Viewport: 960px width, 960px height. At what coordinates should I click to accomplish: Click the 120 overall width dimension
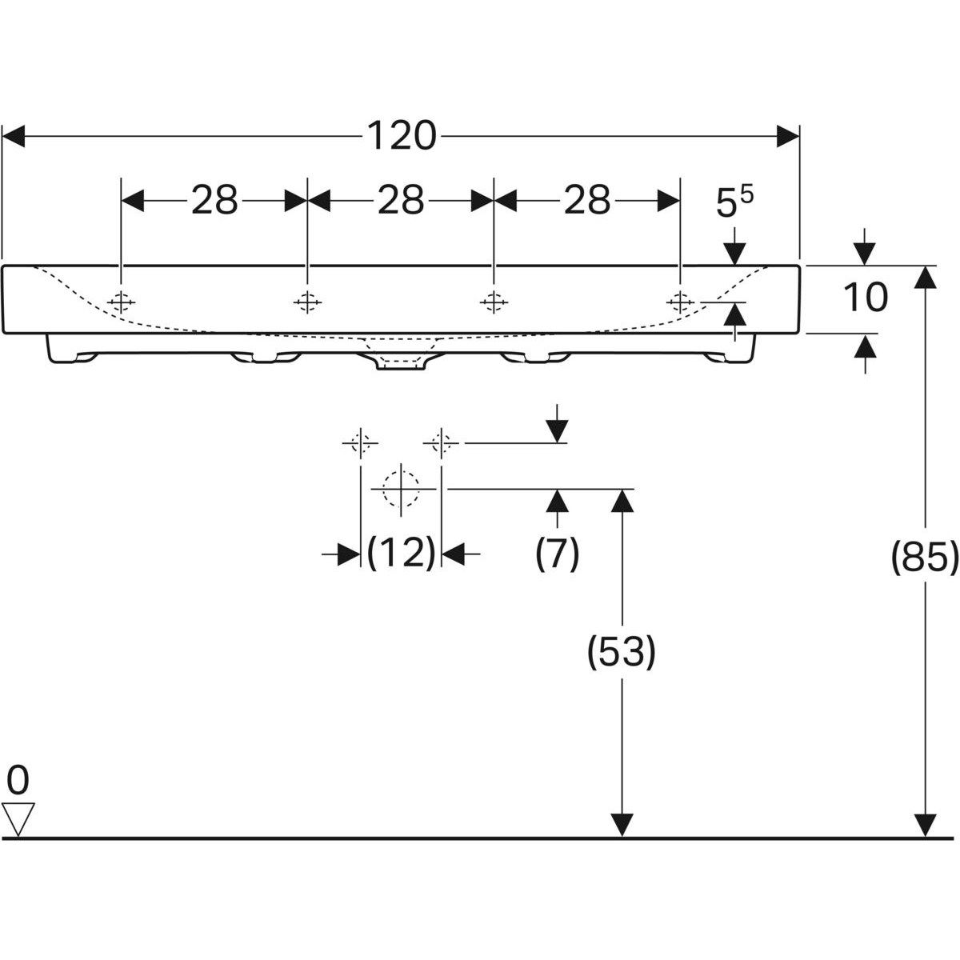point(402,136)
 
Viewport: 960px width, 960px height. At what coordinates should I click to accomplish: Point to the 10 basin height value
point(865,298)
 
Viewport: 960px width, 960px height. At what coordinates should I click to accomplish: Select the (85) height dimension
point(924,560)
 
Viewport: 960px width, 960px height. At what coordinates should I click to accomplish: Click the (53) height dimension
point(622,652)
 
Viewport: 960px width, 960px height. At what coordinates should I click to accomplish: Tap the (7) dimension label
point(558,554)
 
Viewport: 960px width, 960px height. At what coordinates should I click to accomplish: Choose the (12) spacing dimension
point(401,553)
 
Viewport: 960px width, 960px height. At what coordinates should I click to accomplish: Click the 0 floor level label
point(18,778)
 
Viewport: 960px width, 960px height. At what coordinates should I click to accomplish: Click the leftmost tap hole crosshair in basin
point(122,302)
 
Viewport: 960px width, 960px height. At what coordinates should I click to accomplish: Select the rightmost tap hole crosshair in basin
point(680,302)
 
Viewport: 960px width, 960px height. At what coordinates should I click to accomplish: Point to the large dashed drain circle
point(401,488)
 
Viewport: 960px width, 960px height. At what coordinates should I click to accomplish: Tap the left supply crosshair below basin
point(361,442)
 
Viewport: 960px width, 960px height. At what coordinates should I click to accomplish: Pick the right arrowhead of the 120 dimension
point(788,136)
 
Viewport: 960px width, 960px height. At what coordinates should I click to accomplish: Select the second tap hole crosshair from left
point(307,302)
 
